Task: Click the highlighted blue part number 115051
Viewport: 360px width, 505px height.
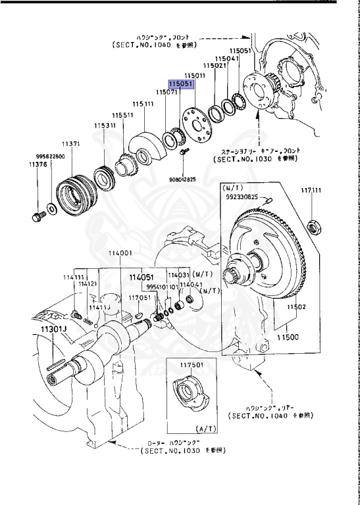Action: (x=180, y=84)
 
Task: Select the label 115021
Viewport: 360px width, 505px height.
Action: (x=215, y=66)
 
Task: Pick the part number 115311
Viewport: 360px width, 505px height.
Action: (x=104, y=125)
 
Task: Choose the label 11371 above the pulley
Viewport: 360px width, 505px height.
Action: (x=71, y=143)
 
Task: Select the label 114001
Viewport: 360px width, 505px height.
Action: (x=120, y=253)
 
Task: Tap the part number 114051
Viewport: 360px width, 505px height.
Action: (x=141, y=277)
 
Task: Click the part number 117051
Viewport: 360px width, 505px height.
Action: (x=140, y=297)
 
